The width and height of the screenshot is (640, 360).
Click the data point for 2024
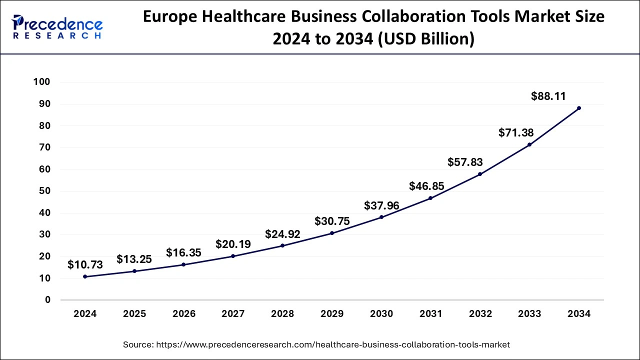[x=85, y=276]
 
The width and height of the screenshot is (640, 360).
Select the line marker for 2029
[x=332, y=233]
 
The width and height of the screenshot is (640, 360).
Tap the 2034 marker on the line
[x=579, y=108]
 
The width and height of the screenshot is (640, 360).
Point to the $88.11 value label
[x=548, y=96]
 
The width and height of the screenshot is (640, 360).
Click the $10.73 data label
[x=85, y=265]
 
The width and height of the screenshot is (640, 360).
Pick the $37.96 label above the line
[x=381, y=205]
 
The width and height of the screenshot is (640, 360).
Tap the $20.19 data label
[x=233, y=244]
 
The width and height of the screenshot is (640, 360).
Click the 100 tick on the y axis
[x=41, y=82]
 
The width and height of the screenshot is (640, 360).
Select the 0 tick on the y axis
[x=47, y=300]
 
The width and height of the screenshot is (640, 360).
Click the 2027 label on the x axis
[x=233, y=314]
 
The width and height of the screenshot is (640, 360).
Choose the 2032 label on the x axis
[x=480, y=314]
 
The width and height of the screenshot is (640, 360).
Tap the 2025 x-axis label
[x=134, y=314]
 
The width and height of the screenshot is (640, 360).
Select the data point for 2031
[x=430, y=198]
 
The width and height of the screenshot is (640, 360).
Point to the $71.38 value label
[x=516, y=133]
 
